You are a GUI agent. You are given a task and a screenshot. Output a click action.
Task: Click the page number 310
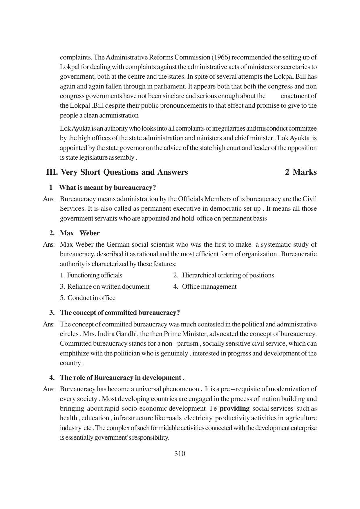tap(180, 454)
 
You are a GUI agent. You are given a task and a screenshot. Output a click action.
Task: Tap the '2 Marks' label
tap(301, 172)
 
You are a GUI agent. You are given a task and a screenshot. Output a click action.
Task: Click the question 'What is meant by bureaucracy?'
tap(107, 187)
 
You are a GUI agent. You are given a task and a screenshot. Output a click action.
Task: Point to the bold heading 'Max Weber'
tap(79, 233)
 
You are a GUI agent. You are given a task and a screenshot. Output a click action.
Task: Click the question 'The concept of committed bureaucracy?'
tap(120, 313)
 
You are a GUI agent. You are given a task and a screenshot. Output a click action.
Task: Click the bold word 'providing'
tap(235, 408)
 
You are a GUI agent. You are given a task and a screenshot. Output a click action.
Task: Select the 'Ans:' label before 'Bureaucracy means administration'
tap(49, 199)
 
